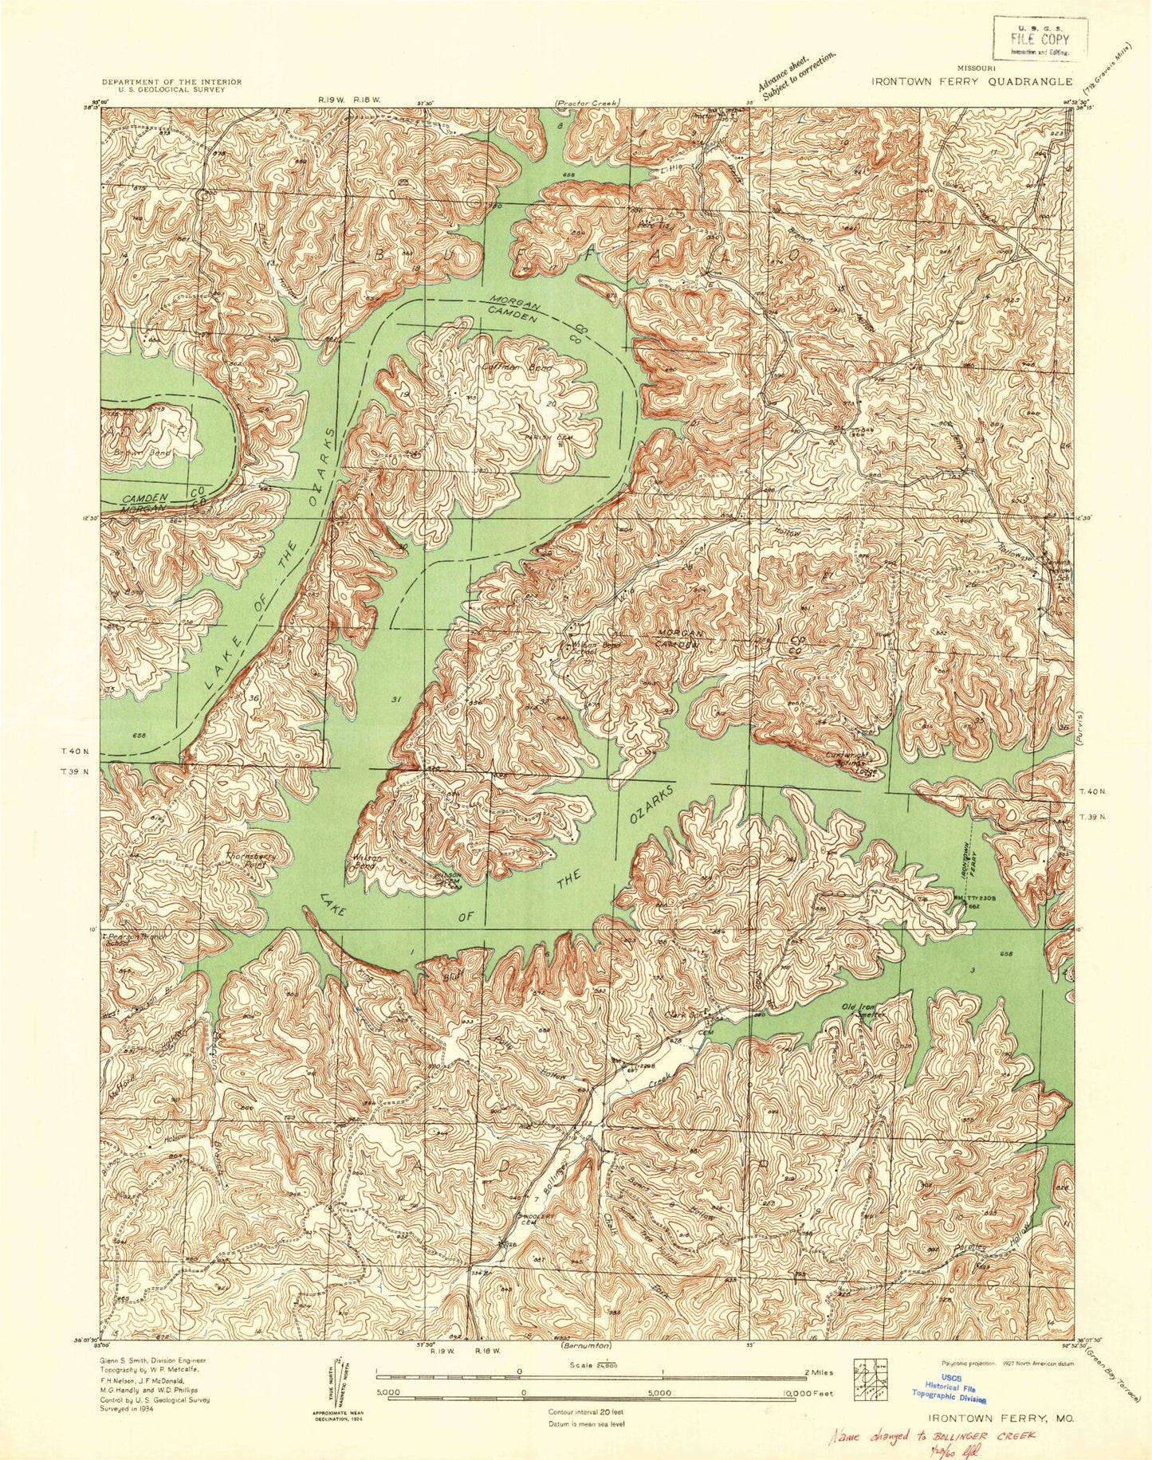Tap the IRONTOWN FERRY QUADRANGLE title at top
click(x=972, y=80)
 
